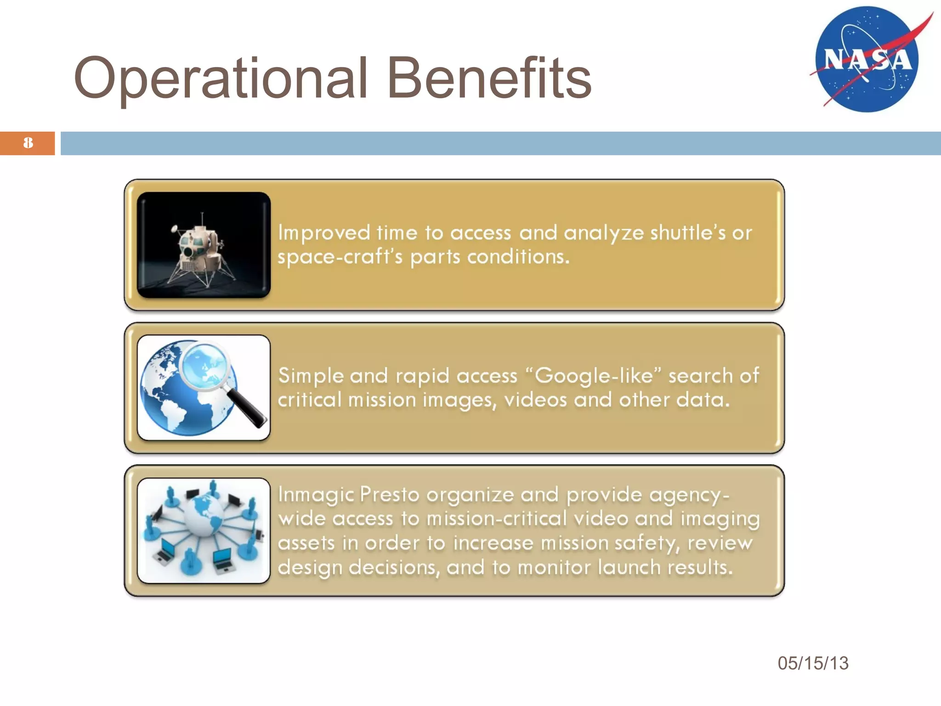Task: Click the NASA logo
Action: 867,59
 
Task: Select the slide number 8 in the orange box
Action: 28,143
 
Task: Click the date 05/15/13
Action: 813,663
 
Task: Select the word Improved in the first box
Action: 324,233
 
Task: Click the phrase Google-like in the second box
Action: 594,376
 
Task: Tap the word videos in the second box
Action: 535,400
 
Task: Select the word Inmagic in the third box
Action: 316,495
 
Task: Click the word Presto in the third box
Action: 390,495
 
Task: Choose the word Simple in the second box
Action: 311,376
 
